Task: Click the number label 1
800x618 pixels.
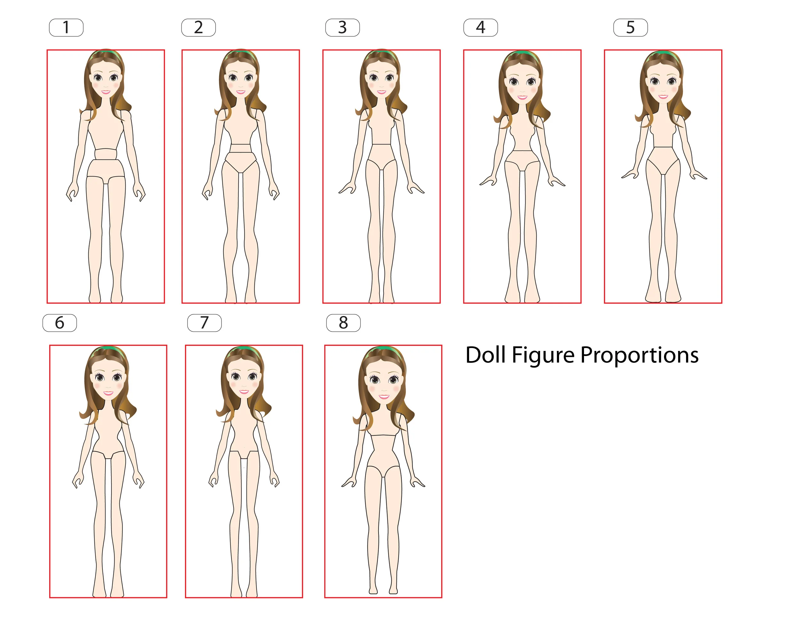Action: [66, 28]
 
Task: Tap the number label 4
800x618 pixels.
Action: [480, 28]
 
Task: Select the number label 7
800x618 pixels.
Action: [204, 323]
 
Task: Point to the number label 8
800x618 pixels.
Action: [343, 323]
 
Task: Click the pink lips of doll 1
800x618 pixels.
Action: [106, 92]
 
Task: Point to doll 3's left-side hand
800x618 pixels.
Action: [347, 188]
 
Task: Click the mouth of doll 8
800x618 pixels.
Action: [383, 397]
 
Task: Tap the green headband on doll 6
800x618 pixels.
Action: [108, 349]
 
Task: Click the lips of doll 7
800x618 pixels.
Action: [244, 392]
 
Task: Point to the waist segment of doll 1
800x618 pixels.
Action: [106, 154]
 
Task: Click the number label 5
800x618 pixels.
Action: [630, 28]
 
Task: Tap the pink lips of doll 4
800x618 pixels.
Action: [522, 97]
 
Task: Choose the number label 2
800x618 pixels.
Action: [198, 28]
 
